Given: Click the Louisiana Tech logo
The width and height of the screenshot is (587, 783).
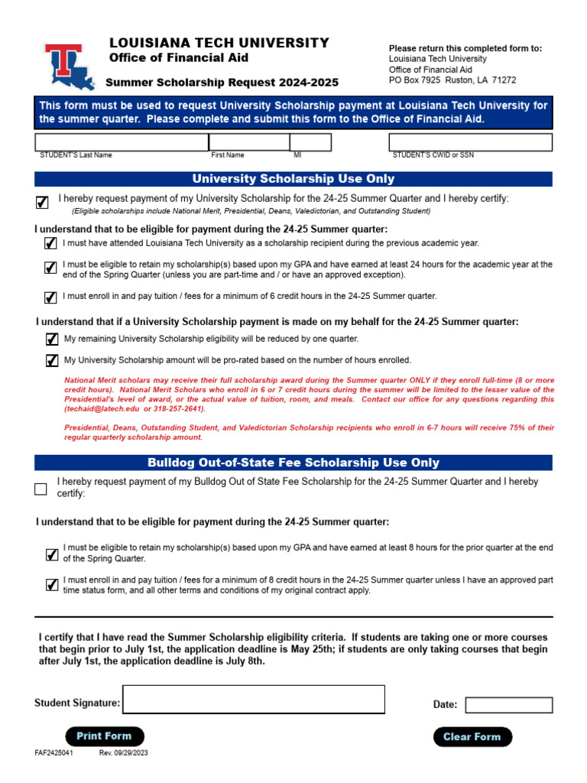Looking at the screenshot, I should tap(69, 67).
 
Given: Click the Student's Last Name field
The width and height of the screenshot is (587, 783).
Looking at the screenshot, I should tap(122, 142).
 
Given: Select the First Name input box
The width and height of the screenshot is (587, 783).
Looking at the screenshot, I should tap(248, 142).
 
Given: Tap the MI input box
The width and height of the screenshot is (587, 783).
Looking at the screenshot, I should tap(310, 142).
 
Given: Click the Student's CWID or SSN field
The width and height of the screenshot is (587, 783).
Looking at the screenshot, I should tap(470, 142).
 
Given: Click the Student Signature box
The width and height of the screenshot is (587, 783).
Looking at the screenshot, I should tap(254, 699).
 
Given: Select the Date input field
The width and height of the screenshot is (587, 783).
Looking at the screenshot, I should tap(508, 704).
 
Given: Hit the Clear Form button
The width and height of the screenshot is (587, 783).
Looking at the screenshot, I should tap(472, 737).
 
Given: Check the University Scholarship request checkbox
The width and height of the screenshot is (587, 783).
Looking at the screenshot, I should tap(42, 202).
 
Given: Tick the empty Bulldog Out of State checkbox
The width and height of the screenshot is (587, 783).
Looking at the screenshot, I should tap(41, 489).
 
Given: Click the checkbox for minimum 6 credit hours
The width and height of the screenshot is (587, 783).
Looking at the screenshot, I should tap(51, 297).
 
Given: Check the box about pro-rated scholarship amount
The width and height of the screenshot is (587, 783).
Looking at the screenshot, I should tap(52, 360).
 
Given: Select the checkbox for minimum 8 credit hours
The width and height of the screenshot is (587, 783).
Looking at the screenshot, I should tap(52, 585).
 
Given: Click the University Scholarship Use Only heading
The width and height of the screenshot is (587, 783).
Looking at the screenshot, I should tap(293, 179).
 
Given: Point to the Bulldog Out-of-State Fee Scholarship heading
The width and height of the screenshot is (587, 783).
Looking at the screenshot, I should tap(293, 463).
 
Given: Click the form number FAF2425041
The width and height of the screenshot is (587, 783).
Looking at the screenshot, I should tap(54, 753).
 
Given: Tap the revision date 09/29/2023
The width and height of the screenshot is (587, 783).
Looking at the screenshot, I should tap(123, 753).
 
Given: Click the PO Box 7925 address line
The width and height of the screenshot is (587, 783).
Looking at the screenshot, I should tap(452, 80).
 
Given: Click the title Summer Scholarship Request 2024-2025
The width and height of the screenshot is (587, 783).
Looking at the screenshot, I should tap(222, 83).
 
